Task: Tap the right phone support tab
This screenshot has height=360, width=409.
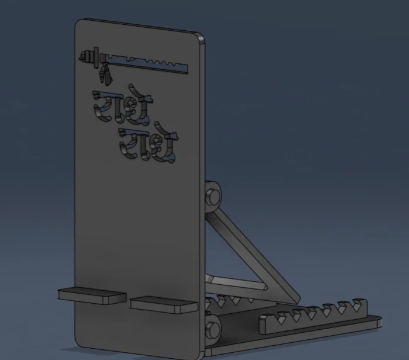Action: [x=163, y=304]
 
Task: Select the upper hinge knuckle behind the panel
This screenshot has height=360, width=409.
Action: [x=212, y=196]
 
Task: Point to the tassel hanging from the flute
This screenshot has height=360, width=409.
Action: [x=106, y=73]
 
